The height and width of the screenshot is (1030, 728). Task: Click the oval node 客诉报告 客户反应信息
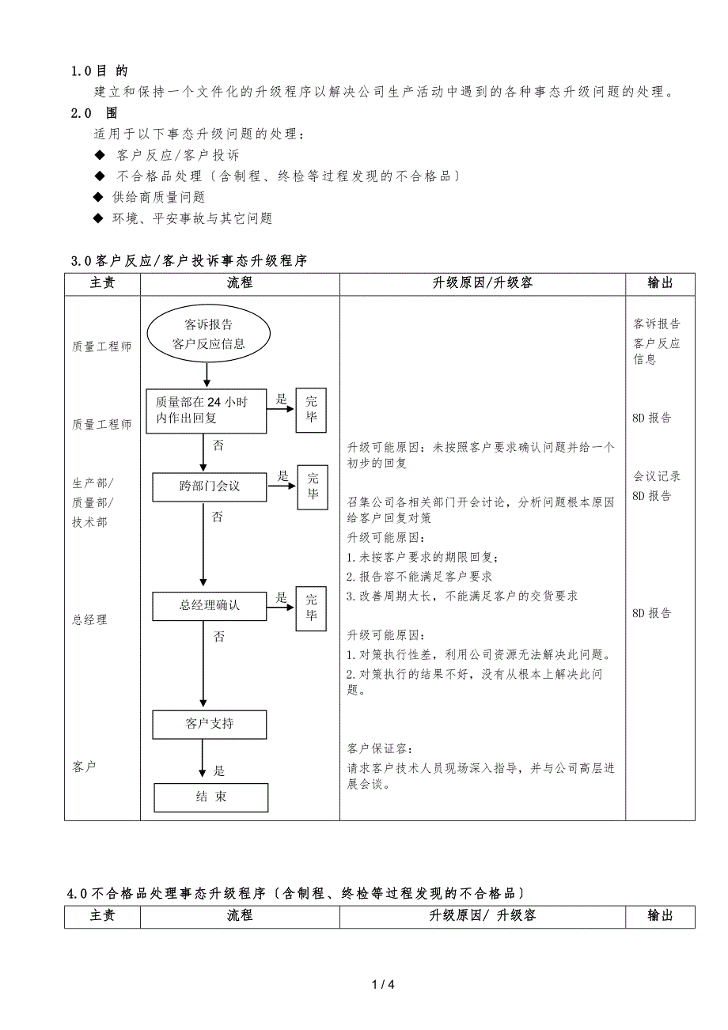click(x=208, y=334)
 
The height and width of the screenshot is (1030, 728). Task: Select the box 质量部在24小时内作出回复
click(x=207, y=410)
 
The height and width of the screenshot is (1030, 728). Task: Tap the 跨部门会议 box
click(x=209, y=486)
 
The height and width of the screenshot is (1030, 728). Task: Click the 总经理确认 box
click(x=209, y=606)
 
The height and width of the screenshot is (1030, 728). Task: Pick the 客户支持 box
click(x=209, y=723)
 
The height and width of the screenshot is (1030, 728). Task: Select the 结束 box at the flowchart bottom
click(x=210, y=797)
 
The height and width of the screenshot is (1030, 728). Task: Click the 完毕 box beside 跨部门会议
click(x=313, y=486)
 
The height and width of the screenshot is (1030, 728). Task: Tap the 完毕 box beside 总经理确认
click(x=311, y=608)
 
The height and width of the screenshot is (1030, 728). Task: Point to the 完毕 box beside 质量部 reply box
click(x=311, y=410)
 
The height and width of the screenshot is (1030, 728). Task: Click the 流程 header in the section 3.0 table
click(x=240, y=283)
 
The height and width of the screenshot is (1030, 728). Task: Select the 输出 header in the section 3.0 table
click(x=659, y=283)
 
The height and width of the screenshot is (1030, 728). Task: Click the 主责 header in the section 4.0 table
click(x=102, y=915)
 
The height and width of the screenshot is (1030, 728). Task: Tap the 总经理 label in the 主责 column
click(x=89, y=619)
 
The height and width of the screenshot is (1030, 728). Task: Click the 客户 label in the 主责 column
click(x=83, y=767)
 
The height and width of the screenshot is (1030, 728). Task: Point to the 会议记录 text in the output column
click(x=657, y=476)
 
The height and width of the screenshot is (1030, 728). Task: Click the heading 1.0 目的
click(x=99, y=71)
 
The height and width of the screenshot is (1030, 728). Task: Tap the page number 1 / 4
click(x=382, y=984)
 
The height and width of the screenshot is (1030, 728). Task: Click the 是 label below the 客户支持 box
click(x=219, y=771)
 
